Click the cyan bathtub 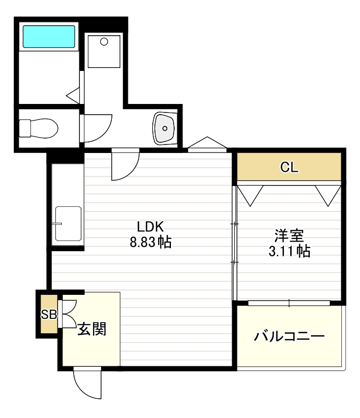point(48,36)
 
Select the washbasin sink point(164,128)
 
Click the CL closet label point(289,168)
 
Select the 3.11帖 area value point(289,251)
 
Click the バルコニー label point(289,337)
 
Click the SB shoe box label point(48,314)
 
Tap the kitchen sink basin point(68,223)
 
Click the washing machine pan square point(104,51)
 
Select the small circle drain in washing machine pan point(104,41)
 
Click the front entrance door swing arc point(85,384)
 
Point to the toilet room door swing point(97,128)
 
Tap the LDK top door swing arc point(126,165)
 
